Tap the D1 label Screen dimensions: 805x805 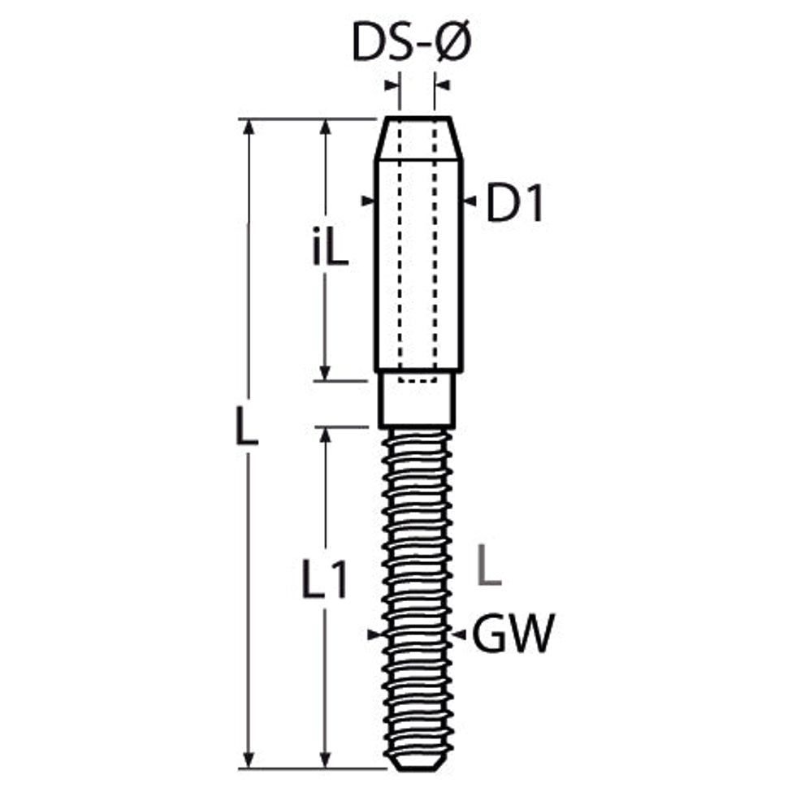[x=514, y=202]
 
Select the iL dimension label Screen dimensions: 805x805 [x=331, y=246]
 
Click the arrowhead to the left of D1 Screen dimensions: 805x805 [x=367, y=201]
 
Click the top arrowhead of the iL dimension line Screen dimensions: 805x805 [x=325, y=127]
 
